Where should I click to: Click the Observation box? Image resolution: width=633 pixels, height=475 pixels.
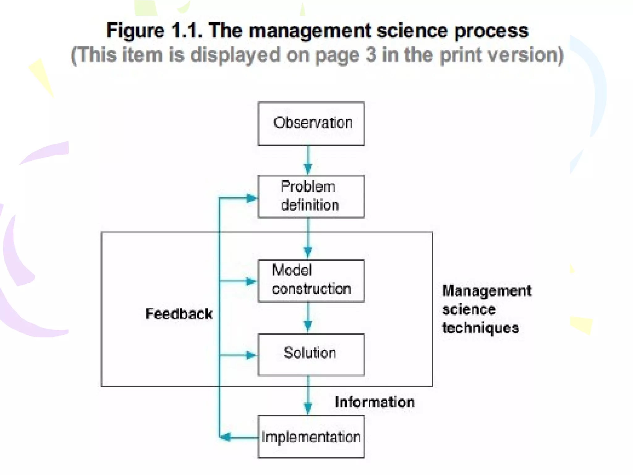(311, 123)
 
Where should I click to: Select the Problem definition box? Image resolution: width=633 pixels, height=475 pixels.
(311, 197)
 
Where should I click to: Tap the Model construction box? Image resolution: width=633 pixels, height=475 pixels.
(311, 280)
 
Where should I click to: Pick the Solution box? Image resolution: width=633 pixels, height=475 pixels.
(311, 354)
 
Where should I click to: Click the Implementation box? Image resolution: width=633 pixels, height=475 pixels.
(311, 437)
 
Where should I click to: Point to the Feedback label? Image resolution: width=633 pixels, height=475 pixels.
(179, 314)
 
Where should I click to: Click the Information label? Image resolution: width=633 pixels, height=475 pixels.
(374, 402)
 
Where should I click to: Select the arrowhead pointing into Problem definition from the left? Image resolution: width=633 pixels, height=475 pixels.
(252, 198)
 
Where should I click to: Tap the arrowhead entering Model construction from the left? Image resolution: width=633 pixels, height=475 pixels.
(251, 281)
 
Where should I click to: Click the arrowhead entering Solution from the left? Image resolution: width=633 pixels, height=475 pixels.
(251, 355)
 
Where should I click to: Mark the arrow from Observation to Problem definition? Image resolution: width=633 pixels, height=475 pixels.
(308, 160)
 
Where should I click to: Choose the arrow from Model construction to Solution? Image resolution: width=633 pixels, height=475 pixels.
(308, 318)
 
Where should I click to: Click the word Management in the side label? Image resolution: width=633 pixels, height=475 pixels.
(486, 291)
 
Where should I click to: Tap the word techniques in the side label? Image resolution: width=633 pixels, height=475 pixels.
(480, 328)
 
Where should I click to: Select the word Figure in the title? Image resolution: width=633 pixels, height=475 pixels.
(135, 31)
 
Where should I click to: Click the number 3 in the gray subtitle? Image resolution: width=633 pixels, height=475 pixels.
(371, 55)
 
